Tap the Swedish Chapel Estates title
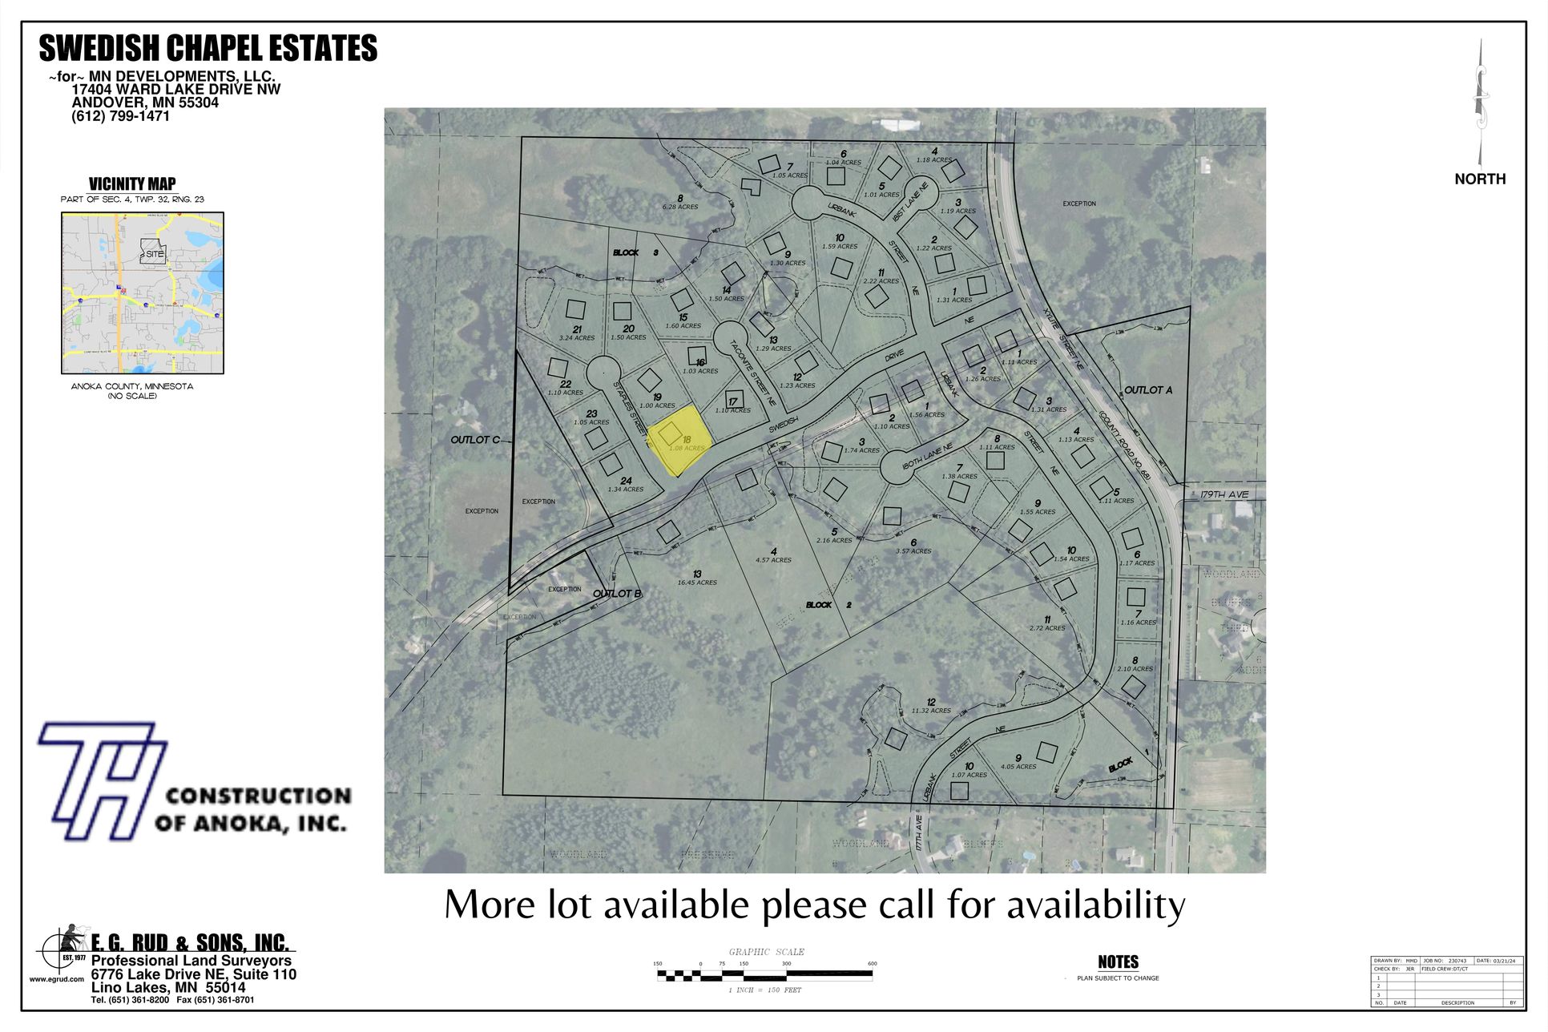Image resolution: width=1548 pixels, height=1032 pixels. pyautogui.click(x=208, y=49)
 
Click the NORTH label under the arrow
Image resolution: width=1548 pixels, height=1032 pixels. pyautogui.click(x=1479, y=179)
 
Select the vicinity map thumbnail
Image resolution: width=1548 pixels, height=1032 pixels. pyautogui.click(x=143, y=292)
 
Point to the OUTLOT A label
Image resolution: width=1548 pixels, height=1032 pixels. pyautogui.click(x=1147, y=390)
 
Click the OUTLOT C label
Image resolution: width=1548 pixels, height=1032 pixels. pyautogui.click(x=474, y=440)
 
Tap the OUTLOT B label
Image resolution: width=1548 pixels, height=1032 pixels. pyautogui.click(x=617, y=594)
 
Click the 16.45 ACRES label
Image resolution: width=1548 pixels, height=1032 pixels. pyautogui.click(x=697, y=583)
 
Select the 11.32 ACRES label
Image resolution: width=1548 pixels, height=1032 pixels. pyautogui.click(x=930, y=711)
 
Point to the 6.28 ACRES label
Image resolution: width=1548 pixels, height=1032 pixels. pyautogui.click(x=679, y=207)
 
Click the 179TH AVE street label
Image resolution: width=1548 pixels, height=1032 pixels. pyautogui.click(x=1225, y=494)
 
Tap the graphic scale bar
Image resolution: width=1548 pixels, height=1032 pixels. pyautogui.click(x=764, y=974)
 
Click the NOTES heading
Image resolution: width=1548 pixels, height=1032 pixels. pyautogui.click(x=1118, y=961)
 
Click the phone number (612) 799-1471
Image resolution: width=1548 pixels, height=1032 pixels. pyautogui.click(x=120, y=116)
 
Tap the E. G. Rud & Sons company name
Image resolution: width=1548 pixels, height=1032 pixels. pyautogui.click(x=189, y=943)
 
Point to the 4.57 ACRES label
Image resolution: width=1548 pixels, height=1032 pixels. pyautogui.click(x=773, y=560)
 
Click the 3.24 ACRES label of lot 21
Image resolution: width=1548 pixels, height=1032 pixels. pyautogui.click(x=577, y=338)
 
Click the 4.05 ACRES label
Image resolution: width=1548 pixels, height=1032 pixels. pyautogui.click(x=1018, y=767)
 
